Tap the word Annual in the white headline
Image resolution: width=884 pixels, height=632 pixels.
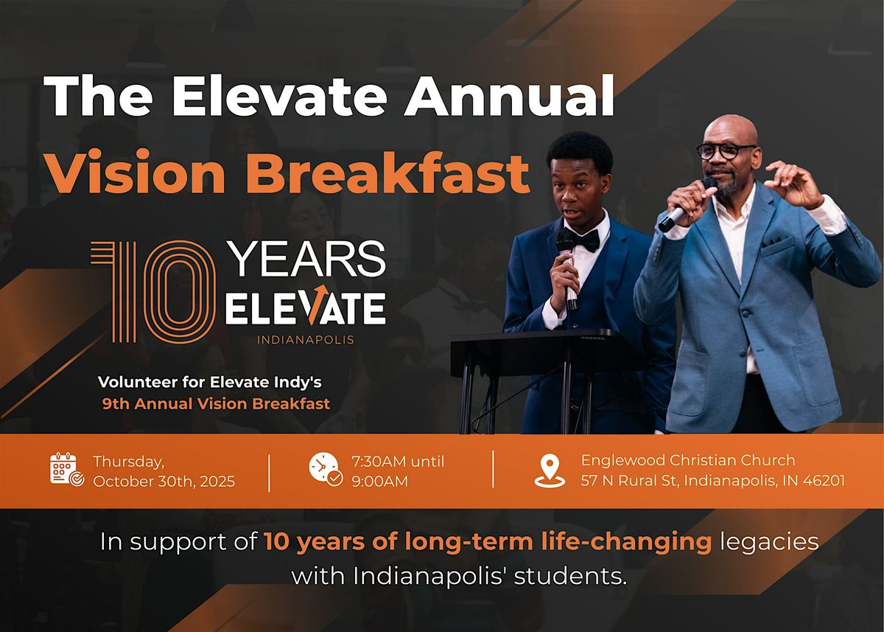[509, 96]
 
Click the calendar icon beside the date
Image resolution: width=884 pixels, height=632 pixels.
[67, 469]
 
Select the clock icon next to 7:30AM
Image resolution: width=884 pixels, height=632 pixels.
[326, 469]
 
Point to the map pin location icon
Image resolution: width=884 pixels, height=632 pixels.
[550, 470]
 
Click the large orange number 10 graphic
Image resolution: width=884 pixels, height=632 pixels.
[153, 292]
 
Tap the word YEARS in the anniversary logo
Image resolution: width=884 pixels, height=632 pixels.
[307, 260]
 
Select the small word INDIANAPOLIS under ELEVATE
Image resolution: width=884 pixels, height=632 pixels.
[306, 340]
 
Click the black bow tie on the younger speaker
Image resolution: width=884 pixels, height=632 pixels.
[583, 240]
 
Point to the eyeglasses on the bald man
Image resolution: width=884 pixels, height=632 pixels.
[726, 151]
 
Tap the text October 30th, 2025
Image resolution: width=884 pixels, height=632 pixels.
[164, 482]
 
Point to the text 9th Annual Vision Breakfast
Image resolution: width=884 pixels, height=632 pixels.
[216, 403]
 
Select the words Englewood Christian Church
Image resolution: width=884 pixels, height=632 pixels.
[688, 460]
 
